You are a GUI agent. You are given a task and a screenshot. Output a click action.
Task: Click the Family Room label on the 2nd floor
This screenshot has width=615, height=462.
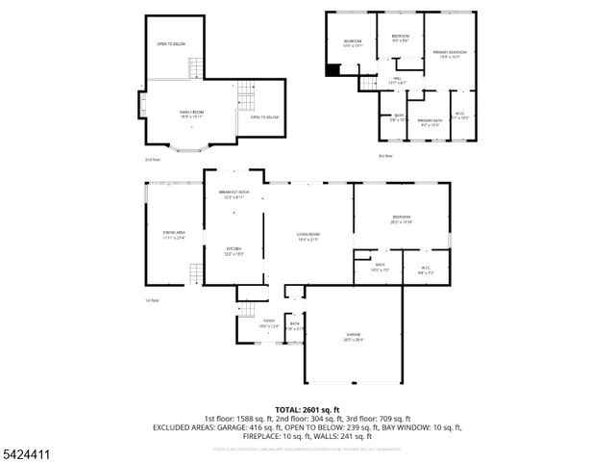coord(191,114)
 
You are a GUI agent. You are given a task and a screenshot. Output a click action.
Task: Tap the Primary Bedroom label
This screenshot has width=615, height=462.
coord(449,54)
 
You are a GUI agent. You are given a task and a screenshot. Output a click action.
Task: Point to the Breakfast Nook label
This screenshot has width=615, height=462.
coord(234,194)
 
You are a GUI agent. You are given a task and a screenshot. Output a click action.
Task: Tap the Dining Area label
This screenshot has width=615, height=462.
coord(174,235)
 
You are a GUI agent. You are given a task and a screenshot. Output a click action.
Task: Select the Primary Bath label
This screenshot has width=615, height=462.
coord(429,122)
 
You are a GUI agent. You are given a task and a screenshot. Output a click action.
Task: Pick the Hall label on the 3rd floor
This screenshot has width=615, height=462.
coord(396,82)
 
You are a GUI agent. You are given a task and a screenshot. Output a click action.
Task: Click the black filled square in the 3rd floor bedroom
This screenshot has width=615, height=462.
coord(333,69)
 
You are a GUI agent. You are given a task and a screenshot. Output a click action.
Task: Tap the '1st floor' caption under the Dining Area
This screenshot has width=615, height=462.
coord(151,299)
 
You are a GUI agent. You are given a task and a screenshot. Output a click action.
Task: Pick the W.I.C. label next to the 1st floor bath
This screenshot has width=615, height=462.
coord(426,270)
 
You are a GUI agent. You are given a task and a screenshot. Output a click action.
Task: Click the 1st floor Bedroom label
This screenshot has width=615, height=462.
coord(401,218)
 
